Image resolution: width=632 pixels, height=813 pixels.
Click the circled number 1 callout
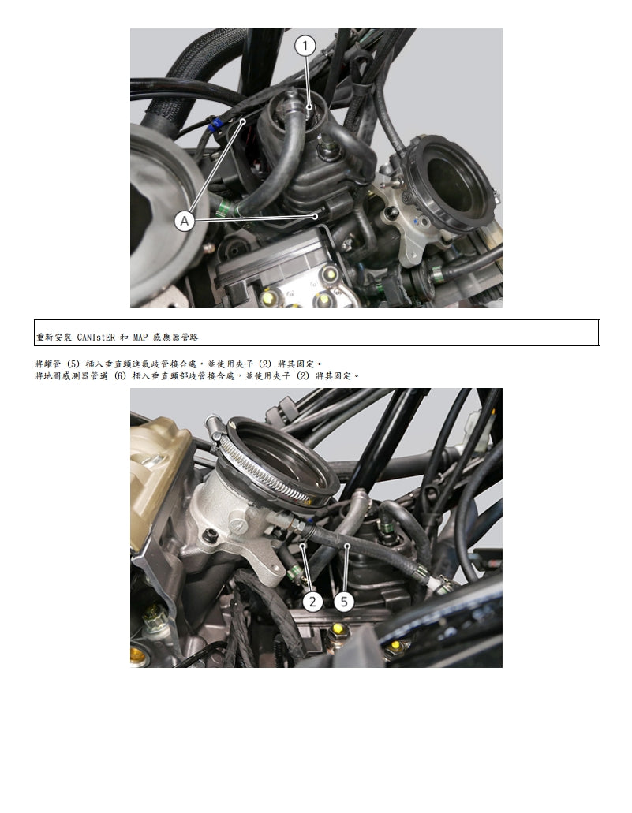[x=305, y=46]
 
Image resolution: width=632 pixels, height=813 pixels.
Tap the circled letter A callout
[x=185, y=222]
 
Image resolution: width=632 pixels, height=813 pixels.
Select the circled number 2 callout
[x=313, y=602]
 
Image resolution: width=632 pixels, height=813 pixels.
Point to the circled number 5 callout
[x=343, y=602]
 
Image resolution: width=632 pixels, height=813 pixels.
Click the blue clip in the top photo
[x=213, y=124]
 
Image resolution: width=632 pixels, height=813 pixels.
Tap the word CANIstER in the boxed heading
[x=96, y=337]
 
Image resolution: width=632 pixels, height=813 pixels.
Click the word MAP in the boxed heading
[x=140, y=337]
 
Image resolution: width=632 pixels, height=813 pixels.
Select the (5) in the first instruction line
[x=73, y=364]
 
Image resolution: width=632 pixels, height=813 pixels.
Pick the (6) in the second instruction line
[x=119, y=376]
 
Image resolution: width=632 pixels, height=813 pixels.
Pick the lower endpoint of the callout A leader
[x=318, y=214]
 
